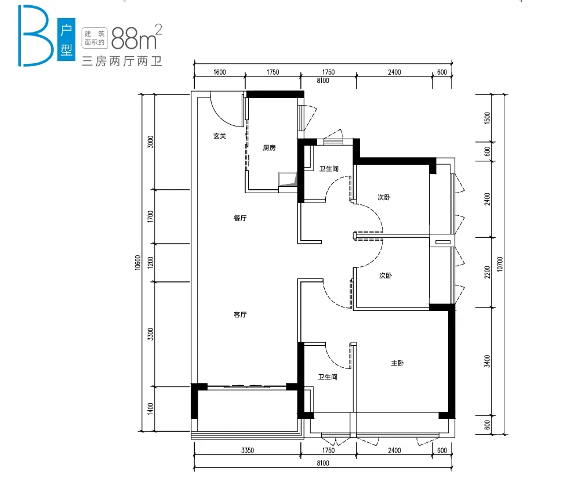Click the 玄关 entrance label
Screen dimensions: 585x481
[220, 136]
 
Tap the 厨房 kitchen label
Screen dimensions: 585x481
[269, 148]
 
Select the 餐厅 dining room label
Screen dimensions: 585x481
[240, 218]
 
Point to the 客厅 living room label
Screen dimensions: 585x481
[240, 314]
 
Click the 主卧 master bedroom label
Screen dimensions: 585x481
[397, 363]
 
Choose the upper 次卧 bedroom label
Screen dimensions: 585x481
[384, 197]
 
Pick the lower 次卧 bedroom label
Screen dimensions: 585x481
[386, 275]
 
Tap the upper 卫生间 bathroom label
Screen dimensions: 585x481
[329, 169]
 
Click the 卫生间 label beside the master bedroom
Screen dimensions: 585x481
[328, 377]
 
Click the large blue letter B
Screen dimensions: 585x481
[35, 36]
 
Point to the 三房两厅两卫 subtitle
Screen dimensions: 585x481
[122, 62]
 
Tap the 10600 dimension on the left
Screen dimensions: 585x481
[138, 262]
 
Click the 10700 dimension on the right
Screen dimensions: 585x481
[500, 265]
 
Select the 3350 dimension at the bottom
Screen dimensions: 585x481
[248, 450]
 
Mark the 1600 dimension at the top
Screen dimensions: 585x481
[220, 72]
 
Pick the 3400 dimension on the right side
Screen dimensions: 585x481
[487, 361]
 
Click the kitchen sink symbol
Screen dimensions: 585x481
[288, 179]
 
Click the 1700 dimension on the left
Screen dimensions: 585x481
[150, 216]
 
